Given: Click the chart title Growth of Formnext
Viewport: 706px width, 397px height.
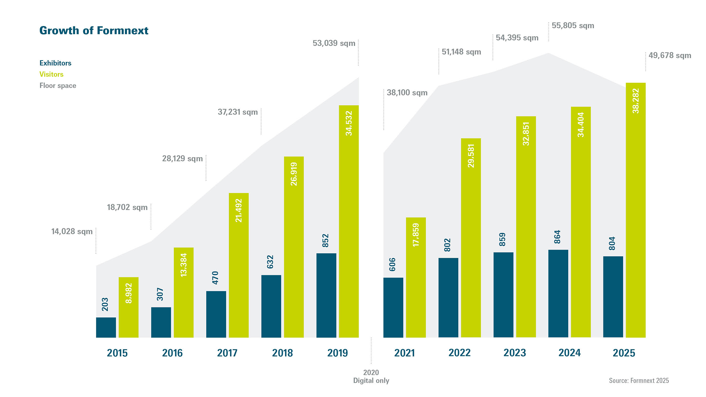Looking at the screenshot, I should pyautogui.click(x=94, y=30).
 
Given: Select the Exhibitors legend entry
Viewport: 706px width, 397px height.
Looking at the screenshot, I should pyautogui.click(x=55, y=63).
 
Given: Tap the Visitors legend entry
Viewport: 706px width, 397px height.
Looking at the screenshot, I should pyautogui.click(x=51, y=74).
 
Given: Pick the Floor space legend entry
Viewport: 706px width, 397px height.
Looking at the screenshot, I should pyautogui.click(x=58, y=85).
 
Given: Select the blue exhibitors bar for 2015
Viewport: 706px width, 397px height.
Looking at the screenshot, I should pyautogui.click(x=106, y=328).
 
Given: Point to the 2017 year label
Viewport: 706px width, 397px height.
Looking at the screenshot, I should pyautogui.click(x=227, y=353).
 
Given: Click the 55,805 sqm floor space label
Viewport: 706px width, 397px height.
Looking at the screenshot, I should pyautogui.click(x=573, y=26).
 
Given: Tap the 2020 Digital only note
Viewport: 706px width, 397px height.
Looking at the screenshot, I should pyautogui.click(x=371, y=376).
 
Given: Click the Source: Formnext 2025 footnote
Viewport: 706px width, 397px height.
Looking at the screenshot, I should pyautogui.click(x=638, y=380).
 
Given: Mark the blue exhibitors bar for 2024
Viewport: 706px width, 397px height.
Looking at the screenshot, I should pyautogui.click(x=558, y=293).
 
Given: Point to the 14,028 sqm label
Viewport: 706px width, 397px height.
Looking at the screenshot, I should pyautogui.click(x=72, y=232).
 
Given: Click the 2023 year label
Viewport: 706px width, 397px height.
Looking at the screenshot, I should pyautogui.click(x=514, y=353).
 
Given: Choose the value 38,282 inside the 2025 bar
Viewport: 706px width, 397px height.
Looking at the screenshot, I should pyautogui.click(x=635, y=101).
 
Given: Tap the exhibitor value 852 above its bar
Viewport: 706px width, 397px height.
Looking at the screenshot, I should pyautogui.click(x=326, y=241).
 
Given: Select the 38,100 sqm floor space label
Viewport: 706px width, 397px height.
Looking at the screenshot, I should pyautogui.click(x=407, y=93).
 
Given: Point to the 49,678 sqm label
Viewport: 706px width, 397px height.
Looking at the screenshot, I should pyautogui.click(x=670, y=56).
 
